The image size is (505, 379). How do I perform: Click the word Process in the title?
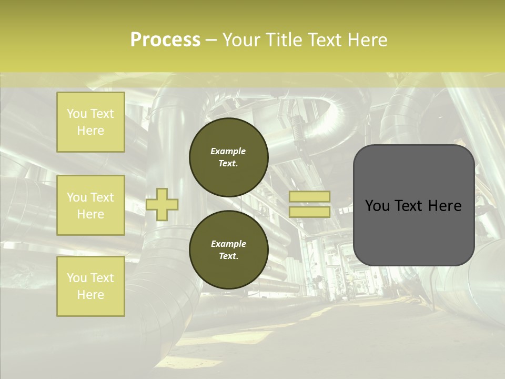[x=165, y=40]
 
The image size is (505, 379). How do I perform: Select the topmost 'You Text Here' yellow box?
[x=90, y=122]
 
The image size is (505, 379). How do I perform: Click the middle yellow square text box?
[x=90, y=205]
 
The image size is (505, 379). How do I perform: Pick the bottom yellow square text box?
[x=90, y=286]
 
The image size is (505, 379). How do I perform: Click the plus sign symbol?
[x=162, y=204]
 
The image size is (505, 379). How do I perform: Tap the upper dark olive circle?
[x=229, y=157]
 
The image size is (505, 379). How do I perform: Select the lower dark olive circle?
[x=229, y=250]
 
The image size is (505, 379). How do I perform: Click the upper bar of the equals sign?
[x=309, y=196]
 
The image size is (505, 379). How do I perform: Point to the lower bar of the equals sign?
[x=309, y=212]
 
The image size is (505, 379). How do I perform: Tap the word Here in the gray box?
[x=445, y=206]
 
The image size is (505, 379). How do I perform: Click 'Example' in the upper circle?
[x=228, y=151]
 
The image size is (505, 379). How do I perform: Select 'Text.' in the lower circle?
[x=228, y=256]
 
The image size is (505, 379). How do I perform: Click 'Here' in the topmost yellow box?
[x=90, y=131]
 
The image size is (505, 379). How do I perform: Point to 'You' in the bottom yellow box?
[x=77, y=278]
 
